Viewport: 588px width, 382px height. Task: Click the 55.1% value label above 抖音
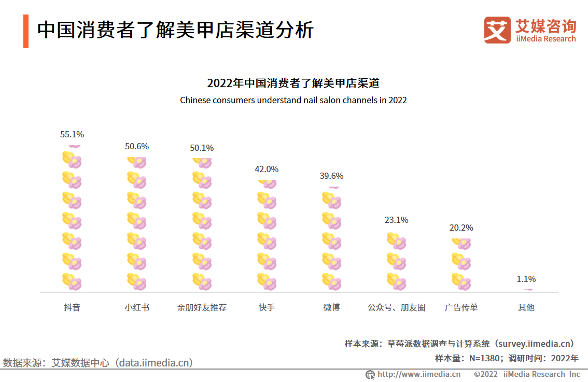click(x=72, y=134)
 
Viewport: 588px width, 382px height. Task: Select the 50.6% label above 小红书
click(x=137, y=146)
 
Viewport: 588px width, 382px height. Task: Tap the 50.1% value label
click(x=202, y=148)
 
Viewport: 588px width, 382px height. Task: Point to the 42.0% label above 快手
click(x=267, y=169)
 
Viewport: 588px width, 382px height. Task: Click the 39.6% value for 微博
click(x=331, y=176)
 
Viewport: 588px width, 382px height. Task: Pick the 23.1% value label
click(x=396, y=220)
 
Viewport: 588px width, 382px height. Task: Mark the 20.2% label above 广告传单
click(x=461, y=228)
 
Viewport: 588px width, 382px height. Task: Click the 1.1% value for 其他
click(x=526, y=279)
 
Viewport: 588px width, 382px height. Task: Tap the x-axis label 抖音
click(x=72, y=307)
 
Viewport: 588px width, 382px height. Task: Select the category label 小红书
click(x=137, y=307)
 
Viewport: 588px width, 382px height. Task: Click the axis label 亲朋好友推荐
click(x=202, y=307)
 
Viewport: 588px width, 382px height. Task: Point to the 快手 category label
click(x=267, y=307)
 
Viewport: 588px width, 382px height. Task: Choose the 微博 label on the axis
click(x=331, y=307)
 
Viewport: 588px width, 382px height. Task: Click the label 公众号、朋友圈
click(x=396, y=307)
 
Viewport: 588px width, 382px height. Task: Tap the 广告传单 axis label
click(x=461, y=307)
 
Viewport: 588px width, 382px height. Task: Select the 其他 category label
click(x=526, y=307)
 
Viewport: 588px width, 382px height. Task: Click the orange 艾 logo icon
click(x=497, y=30)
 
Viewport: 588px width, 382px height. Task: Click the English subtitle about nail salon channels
click(x=293, y=100)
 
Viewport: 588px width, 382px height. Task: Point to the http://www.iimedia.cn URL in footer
click(x=418, y=374)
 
